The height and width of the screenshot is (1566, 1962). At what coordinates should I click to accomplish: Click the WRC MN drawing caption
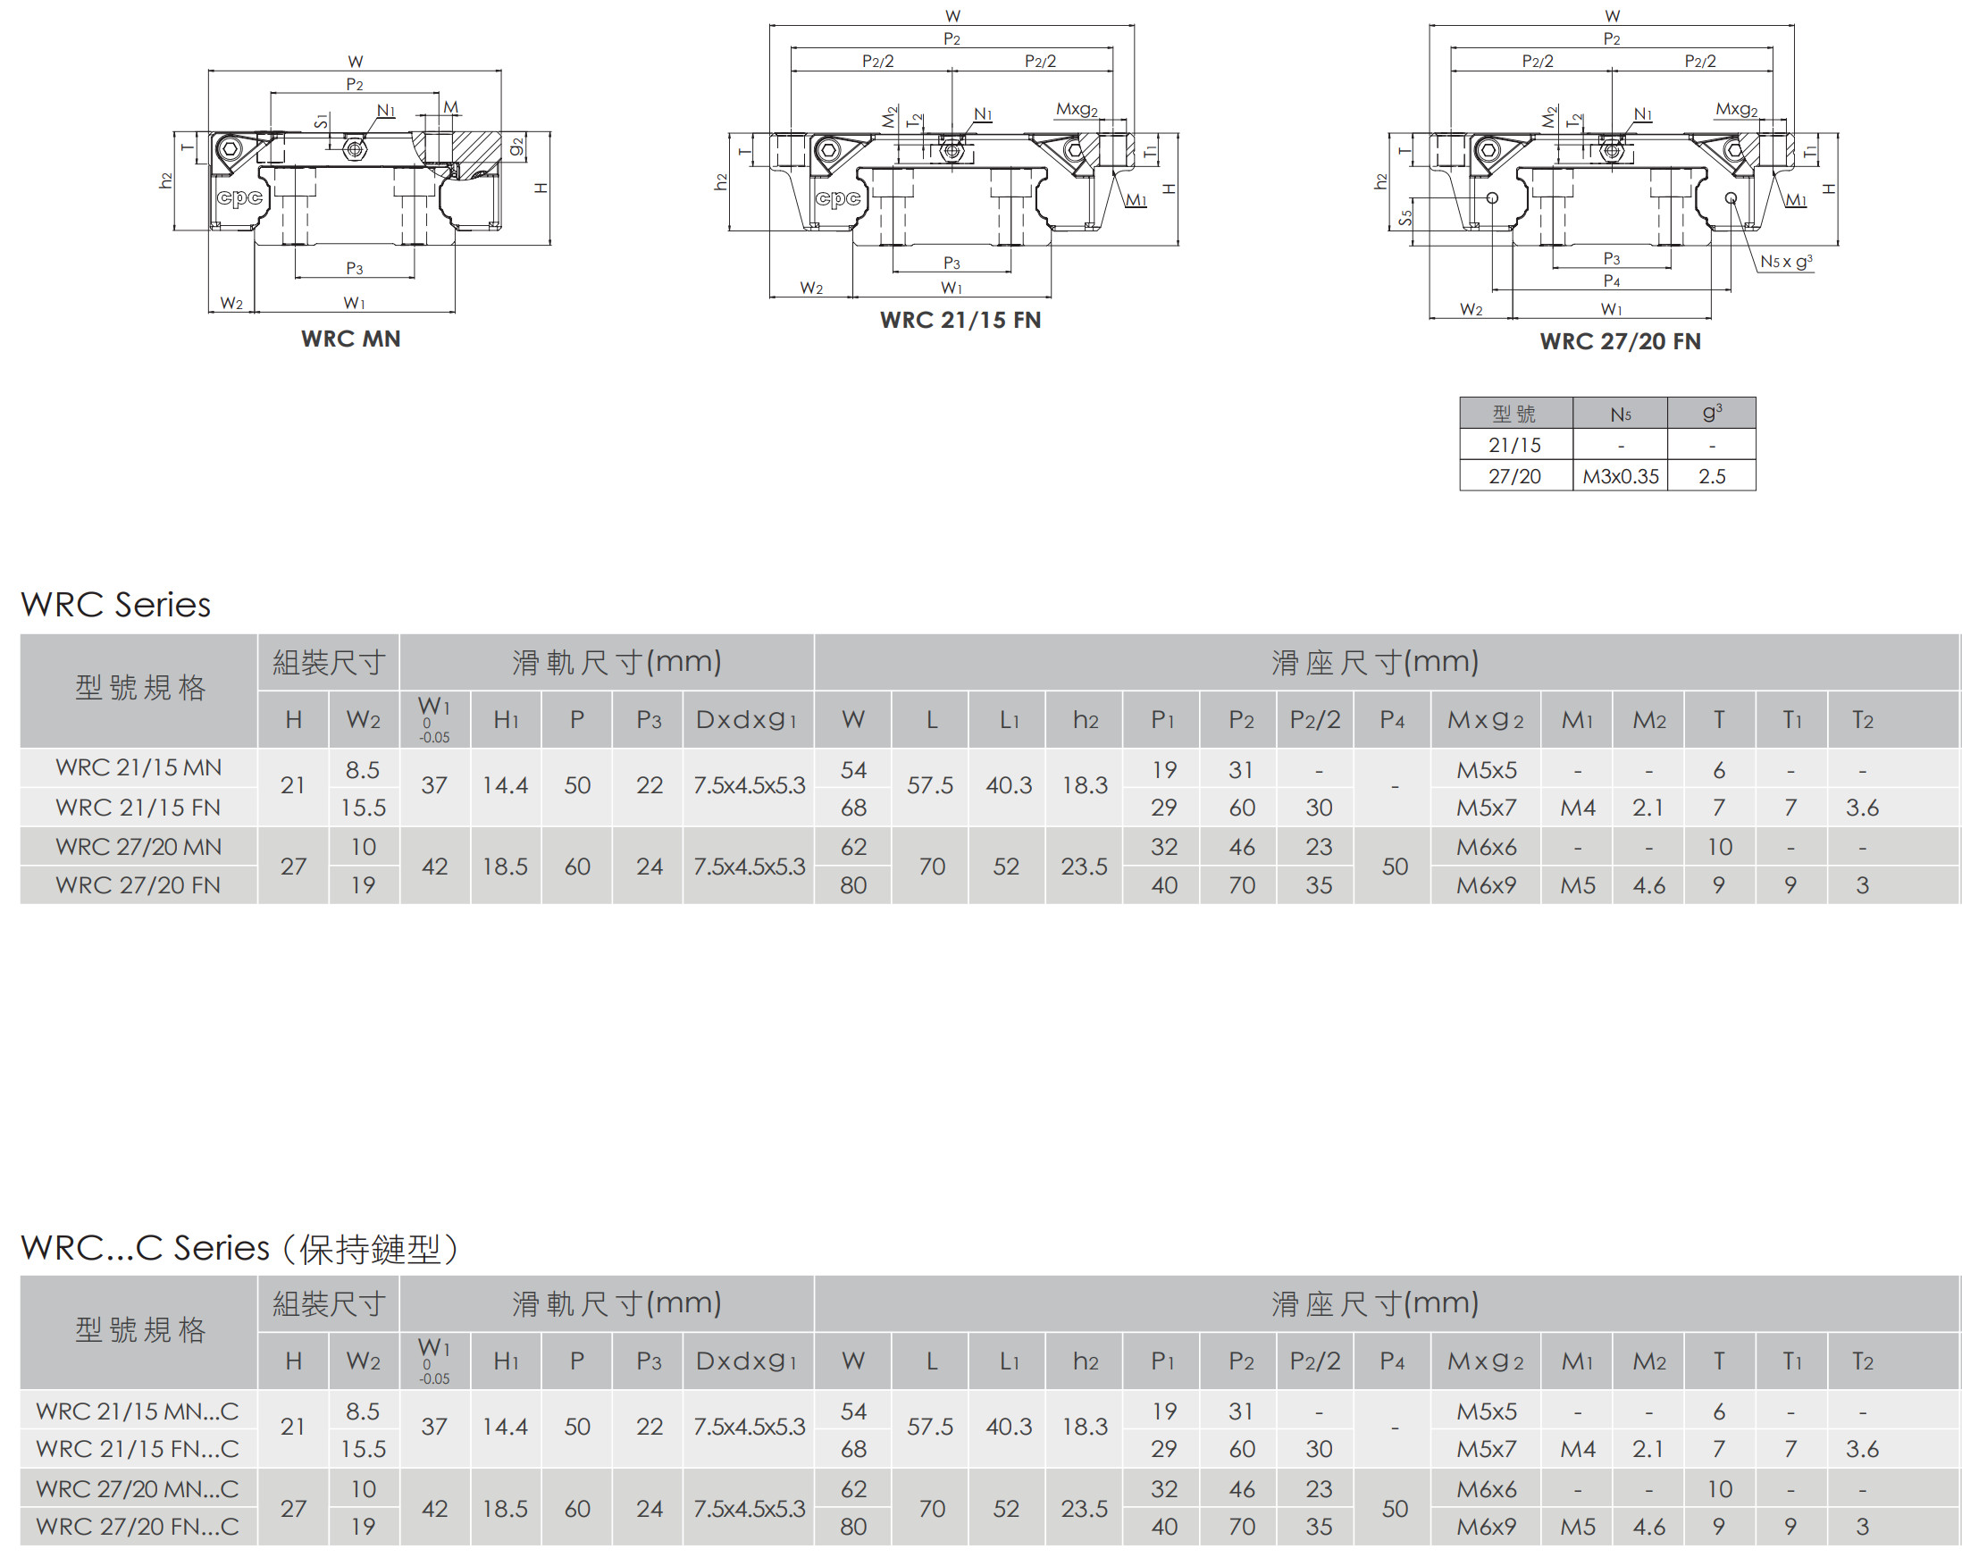350,339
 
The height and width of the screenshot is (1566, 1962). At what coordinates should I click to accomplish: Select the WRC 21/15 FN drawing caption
960,320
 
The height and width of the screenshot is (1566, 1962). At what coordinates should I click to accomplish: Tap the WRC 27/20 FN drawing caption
1620,341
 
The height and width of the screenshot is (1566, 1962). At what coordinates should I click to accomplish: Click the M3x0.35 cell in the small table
1620,476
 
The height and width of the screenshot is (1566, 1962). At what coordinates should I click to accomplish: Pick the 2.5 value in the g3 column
1712,476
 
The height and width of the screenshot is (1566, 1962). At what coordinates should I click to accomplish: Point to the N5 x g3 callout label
1785,261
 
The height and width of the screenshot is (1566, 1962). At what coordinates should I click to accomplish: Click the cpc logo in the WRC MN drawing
239,197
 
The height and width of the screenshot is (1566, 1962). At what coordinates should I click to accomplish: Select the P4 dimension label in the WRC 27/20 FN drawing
1612,281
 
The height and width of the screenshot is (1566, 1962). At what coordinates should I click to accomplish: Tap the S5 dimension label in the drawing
1406,217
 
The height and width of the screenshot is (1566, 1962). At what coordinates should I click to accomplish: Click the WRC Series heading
115,604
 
